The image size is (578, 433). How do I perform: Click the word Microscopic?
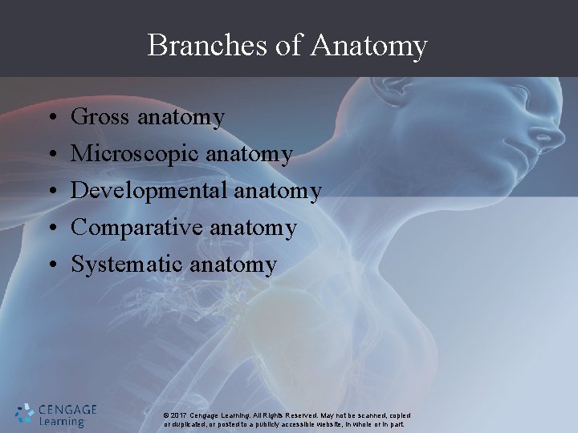coord(136,154)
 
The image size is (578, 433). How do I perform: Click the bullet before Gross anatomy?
coord(51,119)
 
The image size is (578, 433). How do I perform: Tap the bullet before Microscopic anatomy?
coord(51,155)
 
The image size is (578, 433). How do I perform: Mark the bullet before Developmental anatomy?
coord(51,191)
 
